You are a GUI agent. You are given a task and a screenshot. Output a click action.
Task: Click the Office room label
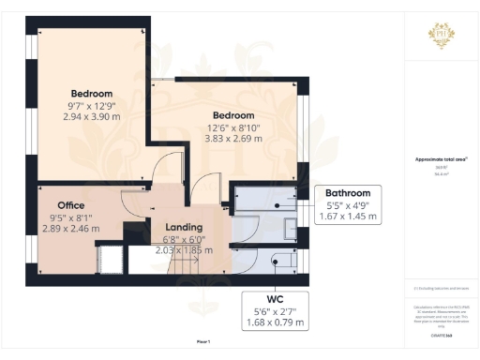pyautogui.click(x=71, y=205)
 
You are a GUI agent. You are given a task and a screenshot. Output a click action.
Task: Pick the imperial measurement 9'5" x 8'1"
pyautogui.click(x=71, y=217)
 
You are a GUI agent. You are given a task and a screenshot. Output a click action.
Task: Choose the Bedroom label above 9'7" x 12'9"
pyautogui.click(x=92, y=93)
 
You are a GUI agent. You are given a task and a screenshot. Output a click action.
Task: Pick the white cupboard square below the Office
pyautogui.click(x=111, y=258)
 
